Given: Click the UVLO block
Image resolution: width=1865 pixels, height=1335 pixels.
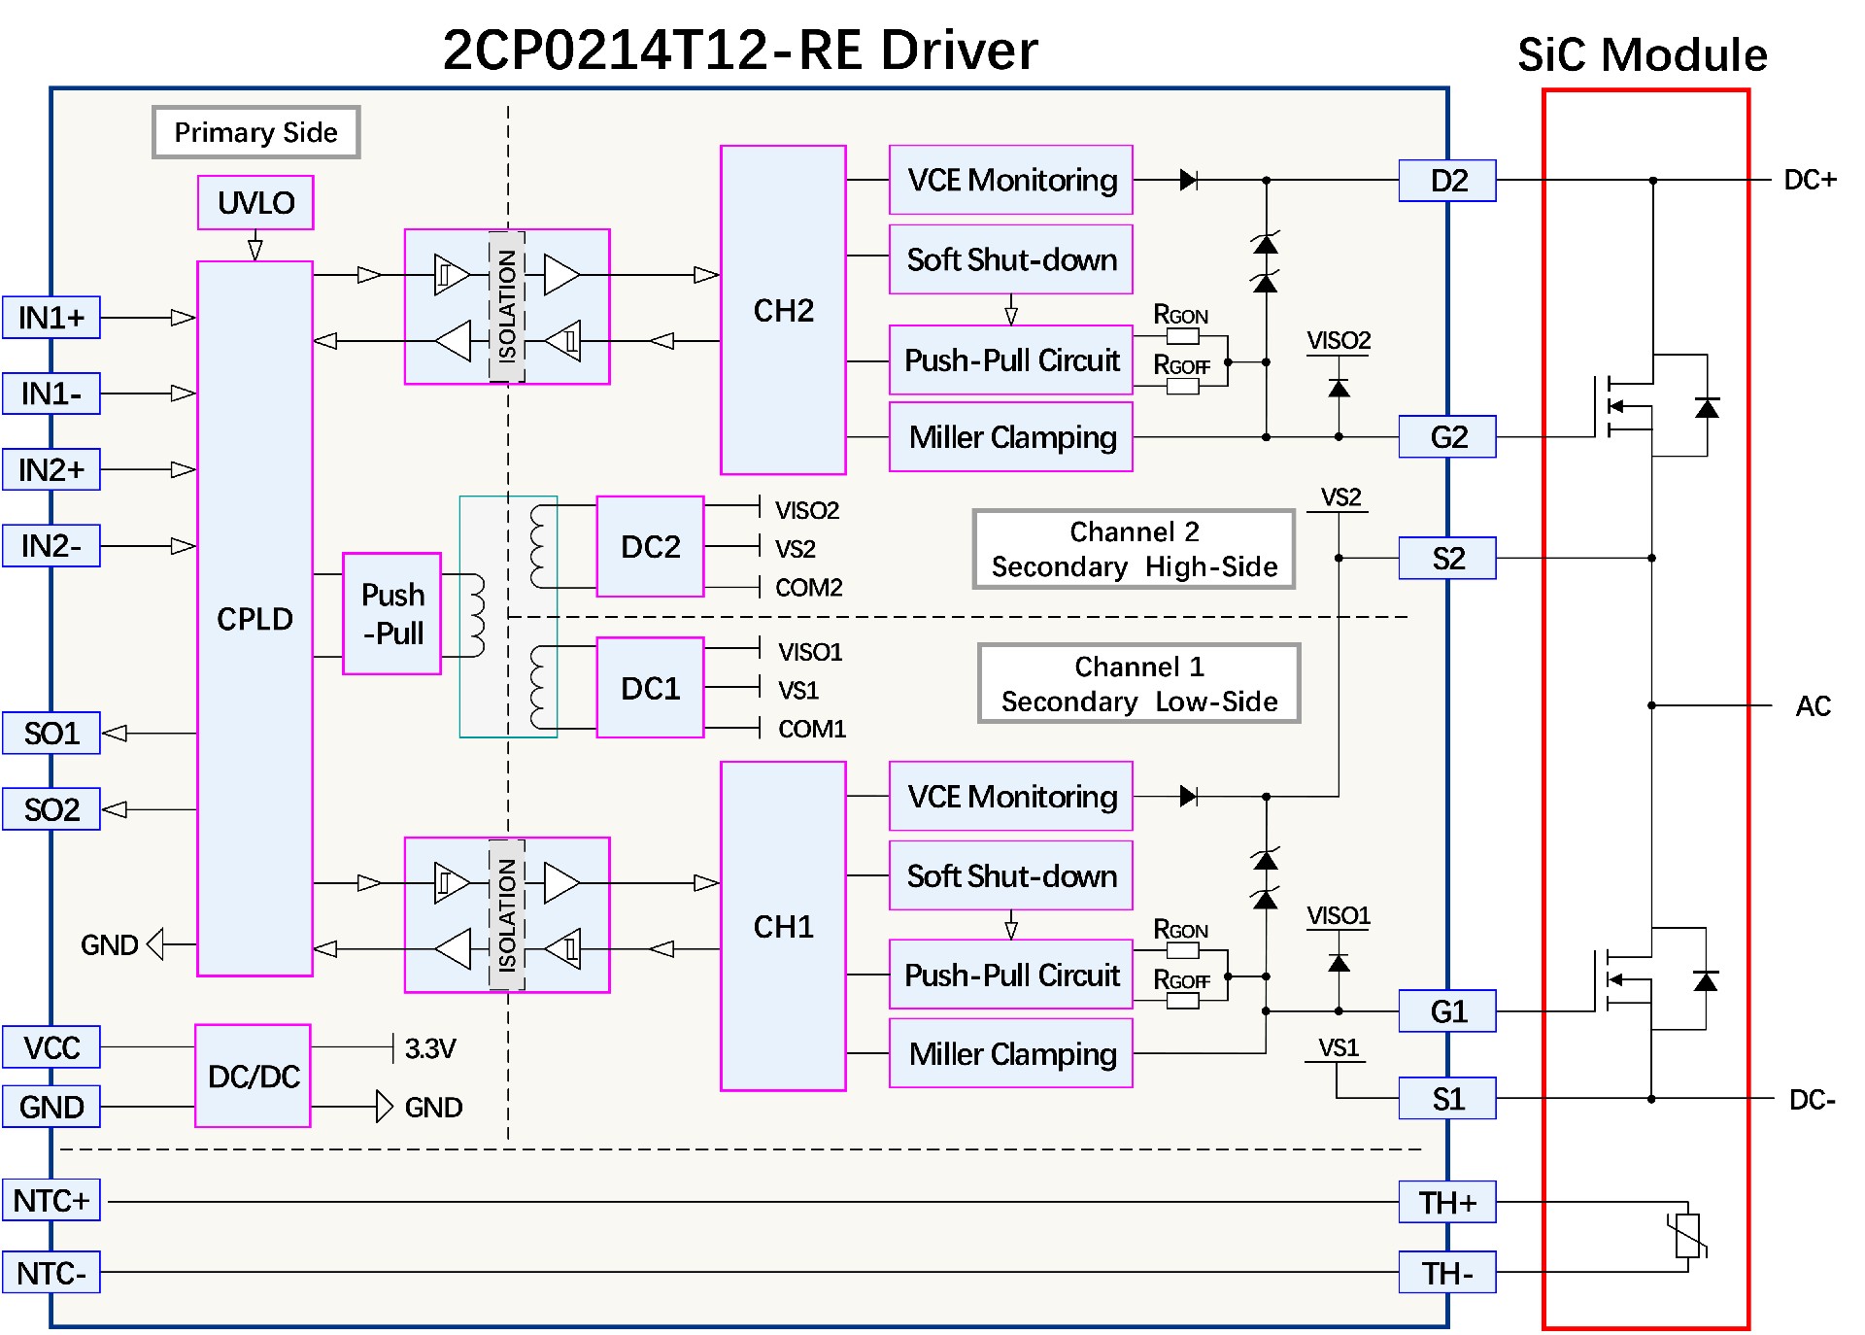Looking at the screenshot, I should [255, 202].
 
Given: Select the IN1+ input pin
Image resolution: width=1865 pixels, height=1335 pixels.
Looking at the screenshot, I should [51, 318].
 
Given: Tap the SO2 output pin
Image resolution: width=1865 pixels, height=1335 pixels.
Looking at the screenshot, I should [51, 809].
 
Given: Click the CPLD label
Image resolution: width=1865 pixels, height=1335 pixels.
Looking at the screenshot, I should [254, 619].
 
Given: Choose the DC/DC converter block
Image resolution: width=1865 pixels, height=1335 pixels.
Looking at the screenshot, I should [254, 1076].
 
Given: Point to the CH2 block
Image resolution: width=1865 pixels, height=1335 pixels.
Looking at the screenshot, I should [783, 311].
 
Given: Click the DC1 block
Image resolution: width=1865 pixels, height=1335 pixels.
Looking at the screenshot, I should [650, 688].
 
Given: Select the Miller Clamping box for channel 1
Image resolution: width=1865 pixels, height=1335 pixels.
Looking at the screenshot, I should [1011, 1053].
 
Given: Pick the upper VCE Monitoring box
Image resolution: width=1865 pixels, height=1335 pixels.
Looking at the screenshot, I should [1011, 180].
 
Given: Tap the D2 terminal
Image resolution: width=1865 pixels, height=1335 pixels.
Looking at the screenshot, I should [1447, 181].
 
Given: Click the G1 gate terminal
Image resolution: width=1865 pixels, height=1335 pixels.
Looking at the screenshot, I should [1447, 1011].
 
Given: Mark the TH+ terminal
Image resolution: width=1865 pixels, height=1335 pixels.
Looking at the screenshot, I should [1447, 1202].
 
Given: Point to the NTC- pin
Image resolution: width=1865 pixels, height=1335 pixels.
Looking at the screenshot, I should [51, 1273].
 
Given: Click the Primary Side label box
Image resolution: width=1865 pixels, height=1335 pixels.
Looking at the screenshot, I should [256, 132].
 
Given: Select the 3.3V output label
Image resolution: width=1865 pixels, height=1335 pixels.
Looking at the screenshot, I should [430, 1048].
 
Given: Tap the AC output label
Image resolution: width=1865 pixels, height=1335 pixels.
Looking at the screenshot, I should [1813, 706].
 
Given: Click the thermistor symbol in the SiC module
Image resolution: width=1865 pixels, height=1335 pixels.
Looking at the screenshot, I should [1688, 1236].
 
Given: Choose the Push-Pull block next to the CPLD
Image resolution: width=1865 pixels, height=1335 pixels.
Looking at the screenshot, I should [392, 614].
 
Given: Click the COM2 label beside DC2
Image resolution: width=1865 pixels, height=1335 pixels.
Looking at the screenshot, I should [808, 588].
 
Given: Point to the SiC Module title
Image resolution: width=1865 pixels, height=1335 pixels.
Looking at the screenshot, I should [1643, 54].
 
